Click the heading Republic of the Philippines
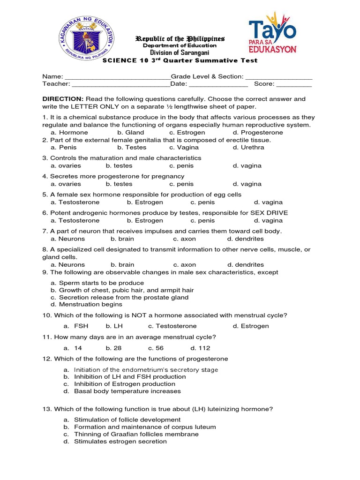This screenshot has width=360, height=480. (x=180, y=38)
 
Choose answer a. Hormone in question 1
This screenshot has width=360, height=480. (x=69, y=133)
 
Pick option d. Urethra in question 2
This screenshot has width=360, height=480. (x=248, y=147)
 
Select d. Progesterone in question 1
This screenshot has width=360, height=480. (x=258, y=133)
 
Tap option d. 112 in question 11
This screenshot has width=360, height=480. (x=200, y=348)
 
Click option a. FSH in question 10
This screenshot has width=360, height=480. (x=76, y=326)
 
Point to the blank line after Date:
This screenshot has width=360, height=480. (x=218, y=85)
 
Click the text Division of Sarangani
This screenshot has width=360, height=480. (x=180, y=53)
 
